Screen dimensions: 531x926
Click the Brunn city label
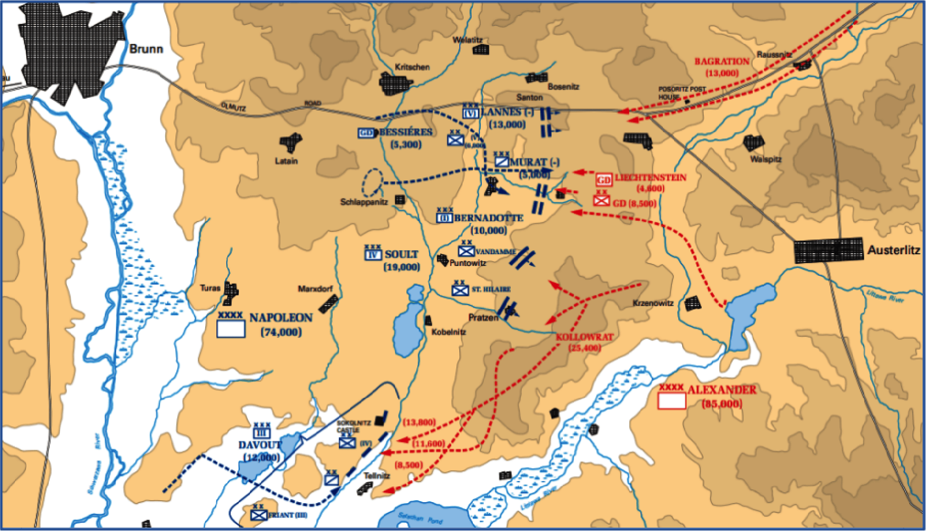[146, 49]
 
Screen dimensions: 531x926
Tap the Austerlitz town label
[893, 250]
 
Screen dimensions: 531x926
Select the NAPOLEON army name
[281, 318]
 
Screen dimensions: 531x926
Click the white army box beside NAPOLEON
[231, 329]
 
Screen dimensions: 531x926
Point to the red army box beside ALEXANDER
[671, 401]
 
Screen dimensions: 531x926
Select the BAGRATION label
[722, 62]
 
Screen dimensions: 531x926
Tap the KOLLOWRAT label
[584, 337]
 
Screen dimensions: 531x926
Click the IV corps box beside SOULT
[373, 254]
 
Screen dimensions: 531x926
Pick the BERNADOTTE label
[489, 218]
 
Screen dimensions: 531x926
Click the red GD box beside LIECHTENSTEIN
[603, 180]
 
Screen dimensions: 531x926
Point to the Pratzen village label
[483, 318]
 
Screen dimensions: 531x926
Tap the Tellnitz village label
[377, 476]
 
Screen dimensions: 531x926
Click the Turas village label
[210, 288]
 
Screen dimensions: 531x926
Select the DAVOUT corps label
[259, 445]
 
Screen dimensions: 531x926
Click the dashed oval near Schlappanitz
[373, 183]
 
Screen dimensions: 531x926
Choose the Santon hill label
[529, 97]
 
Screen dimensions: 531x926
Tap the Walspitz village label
[766, 159]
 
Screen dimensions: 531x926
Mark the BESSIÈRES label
[406, 133]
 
